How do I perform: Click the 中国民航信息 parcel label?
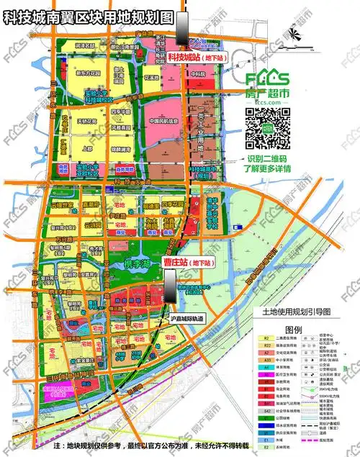click(167, 121)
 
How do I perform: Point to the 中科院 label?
click(199, 73)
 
